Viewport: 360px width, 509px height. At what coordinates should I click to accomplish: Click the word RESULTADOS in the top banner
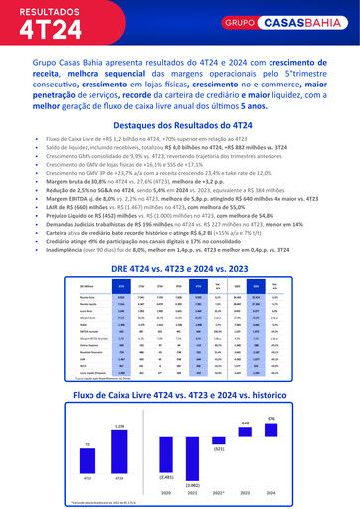coord(49,11)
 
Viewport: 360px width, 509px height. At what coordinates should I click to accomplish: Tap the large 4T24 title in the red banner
coord(47,33)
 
